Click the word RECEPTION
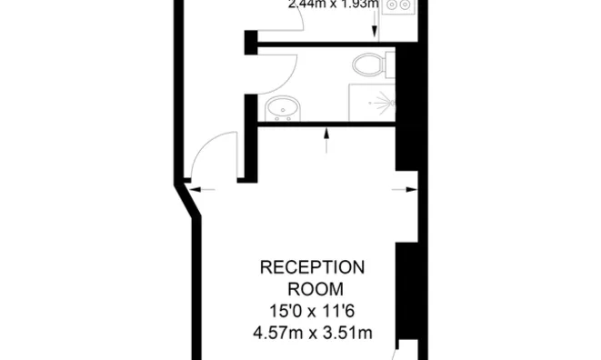click(312, 268)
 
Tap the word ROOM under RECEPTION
click(312, 290)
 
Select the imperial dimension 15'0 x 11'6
click(312, 312)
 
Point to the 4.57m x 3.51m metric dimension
click(312, 334)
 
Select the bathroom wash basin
click(282, 110)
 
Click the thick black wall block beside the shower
click(406, 100)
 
